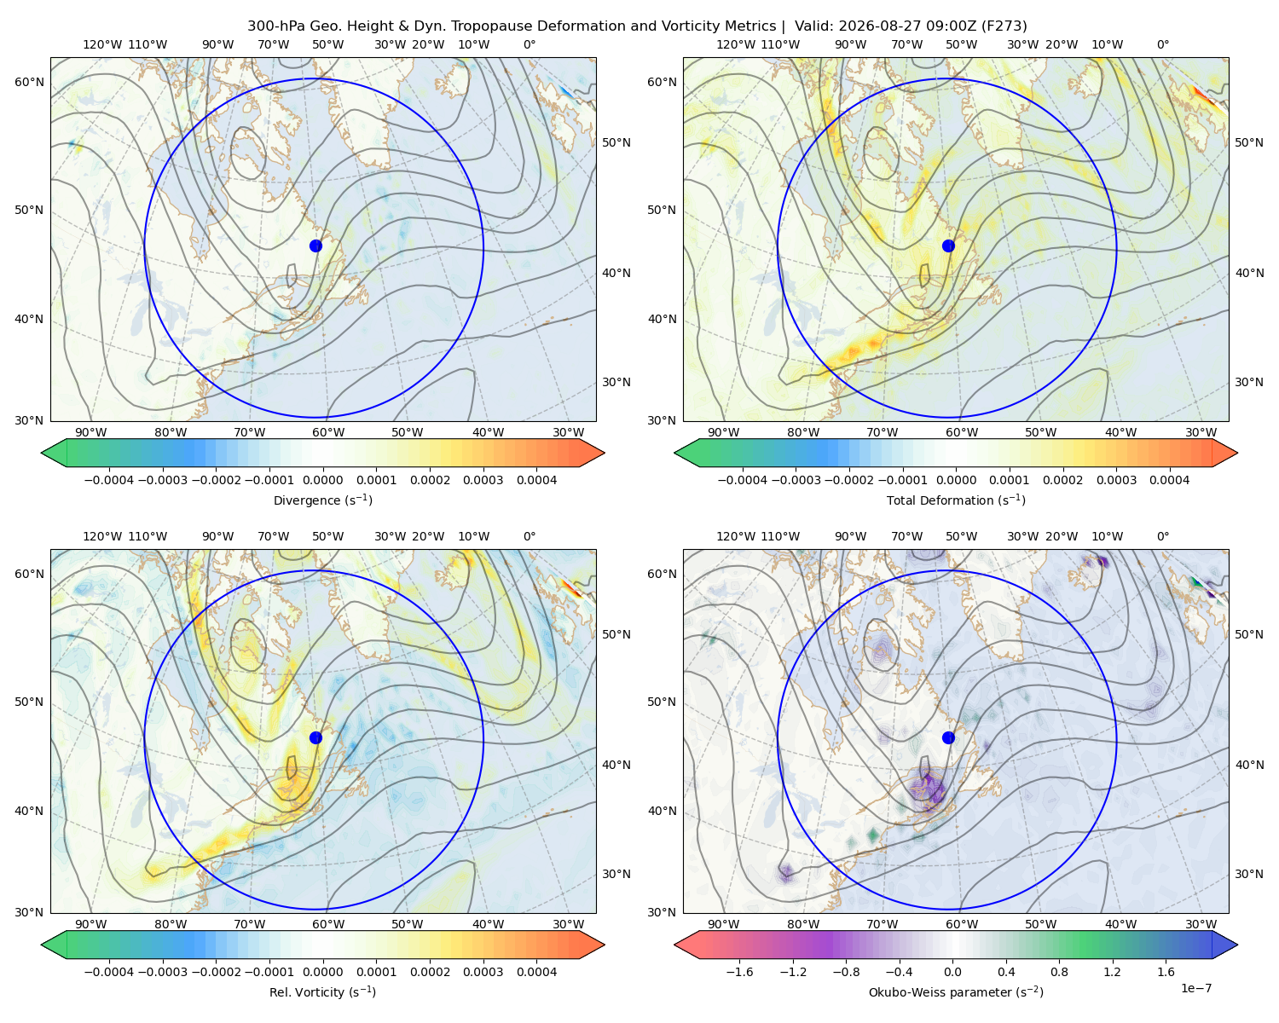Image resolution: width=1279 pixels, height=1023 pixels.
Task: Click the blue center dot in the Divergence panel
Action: [x=315, y=246]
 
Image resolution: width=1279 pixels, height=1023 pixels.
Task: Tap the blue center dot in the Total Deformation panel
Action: [x=948, y=246]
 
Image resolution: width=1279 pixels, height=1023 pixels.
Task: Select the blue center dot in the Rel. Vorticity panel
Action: [x=315, y=737]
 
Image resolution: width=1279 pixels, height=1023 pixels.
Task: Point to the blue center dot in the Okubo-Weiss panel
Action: [x=948, y=737]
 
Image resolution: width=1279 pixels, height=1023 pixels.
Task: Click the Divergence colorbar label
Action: [x=322, y=500]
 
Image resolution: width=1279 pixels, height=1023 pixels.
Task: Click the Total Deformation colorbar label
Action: [x=956, y=500]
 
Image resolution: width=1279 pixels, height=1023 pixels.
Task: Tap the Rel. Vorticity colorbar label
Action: [x=322, y=991]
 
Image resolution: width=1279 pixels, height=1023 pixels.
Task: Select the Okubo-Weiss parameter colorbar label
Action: [x=956, y=991]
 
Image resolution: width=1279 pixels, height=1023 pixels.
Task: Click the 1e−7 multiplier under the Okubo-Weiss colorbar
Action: [x=1195, y=988]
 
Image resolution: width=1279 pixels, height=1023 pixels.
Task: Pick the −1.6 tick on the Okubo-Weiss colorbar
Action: [x=739, y=971]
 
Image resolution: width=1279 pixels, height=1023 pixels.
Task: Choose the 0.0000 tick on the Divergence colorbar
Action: [x=322, y=480]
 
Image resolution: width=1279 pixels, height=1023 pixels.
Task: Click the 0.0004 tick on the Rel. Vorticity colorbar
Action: [x=536, y=971]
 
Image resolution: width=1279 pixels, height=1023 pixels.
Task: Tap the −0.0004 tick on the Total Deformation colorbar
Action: [x=743, y=480]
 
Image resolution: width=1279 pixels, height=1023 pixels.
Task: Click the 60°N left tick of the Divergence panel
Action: [x=29, y=82]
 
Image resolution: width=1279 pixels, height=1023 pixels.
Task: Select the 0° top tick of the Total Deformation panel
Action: [x=1162, y=44]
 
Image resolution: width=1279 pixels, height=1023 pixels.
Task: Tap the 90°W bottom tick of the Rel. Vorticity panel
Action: [x=91, y=924]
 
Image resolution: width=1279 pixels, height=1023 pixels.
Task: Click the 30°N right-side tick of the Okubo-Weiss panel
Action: [x=1249, y=873]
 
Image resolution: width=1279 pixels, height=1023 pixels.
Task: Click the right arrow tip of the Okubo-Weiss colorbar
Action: [x=1237, y=945]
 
